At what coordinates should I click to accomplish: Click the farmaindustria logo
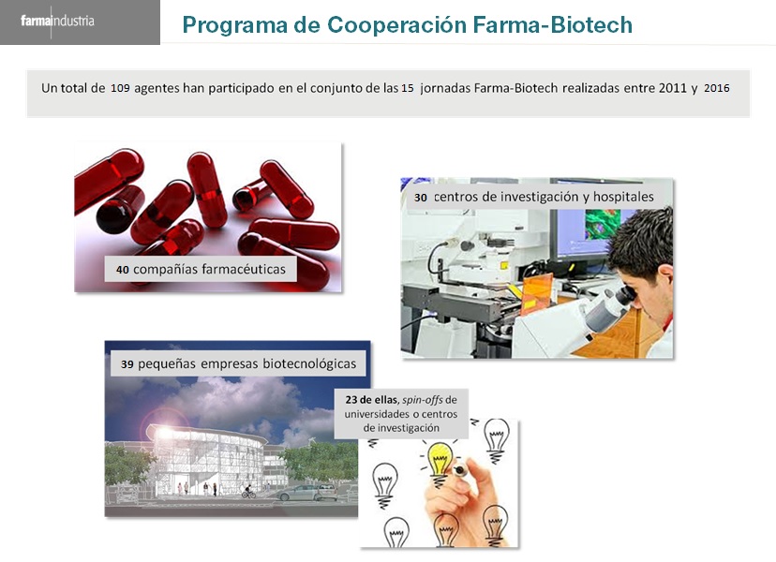(x=57, y=22)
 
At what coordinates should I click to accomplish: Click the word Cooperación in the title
(x=396, y=24)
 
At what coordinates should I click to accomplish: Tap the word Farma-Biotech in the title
(x=552, y=24)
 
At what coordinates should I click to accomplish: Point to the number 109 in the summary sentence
(x=120, y=89)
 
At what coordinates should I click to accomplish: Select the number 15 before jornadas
(x=408, y=89)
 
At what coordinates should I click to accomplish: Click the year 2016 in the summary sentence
(x=717, y=89)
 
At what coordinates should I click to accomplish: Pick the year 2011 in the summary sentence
(x=673, y=89)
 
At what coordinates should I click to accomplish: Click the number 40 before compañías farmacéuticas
(x=122, y=270)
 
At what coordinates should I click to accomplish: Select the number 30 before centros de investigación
(x=421, y=198)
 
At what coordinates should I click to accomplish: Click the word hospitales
(x=623, y=197)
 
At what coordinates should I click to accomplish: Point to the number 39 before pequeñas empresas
(x=127, y=364)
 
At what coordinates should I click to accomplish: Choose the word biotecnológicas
(x=309, y=364)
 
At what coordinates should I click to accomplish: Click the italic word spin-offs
(x=422, y=400)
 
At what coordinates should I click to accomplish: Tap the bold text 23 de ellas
(x=372, y=400)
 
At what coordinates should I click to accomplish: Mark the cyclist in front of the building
(x=249, y=491)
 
